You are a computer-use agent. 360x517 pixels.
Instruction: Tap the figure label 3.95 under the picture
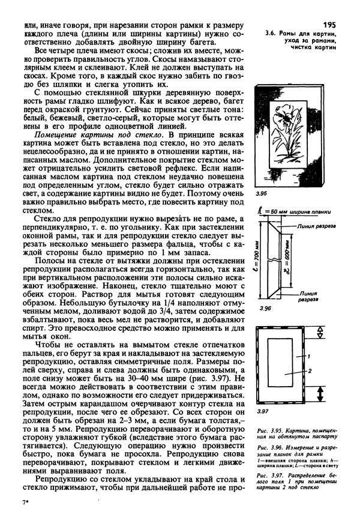pyautogui.click(x=261, y=195)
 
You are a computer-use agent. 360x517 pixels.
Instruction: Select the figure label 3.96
pyautogui.click(x=262, y=307)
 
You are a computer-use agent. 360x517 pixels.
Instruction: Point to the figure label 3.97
pyautogui.click(x=261, y=413)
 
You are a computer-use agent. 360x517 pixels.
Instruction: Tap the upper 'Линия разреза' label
pyautogui.click(x=317, y=227)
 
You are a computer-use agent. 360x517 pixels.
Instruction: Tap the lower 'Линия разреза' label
pyautogui.click(x=313, y=295)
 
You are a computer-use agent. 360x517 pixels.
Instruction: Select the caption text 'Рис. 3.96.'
pyautogui.click(x=267, y=449)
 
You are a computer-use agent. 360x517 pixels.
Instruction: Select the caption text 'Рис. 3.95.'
pyautogui.click(x=267, y=431)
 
